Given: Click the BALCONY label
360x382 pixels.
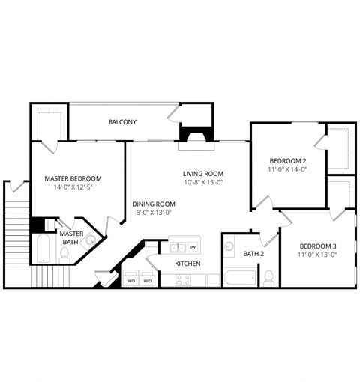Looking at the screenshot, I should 122,121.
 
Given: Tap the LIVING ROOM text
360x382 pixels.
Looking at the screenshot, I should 203,173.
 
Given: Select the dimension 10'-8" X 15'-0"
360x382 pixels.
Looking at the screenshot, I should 203,182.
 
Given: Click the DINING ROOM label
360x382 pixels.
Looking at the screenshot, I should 154,204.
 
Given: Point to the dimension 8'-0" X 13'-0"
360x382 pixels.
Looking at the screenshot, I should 154,213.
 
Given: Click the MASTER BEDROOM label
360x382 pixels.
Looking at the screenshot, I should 73,178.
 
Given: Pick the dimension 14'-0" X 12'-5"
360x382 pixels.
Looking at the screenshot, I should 73,187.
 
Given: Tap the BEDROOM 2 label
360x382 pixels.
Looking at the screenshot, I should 288,160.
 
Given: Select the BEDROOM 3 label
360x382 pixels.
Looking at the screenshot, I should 318,246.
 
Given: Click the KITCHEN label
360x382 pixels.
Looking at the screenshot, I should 187,264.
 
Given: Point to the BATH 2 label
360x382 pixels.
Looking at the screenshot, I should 253,254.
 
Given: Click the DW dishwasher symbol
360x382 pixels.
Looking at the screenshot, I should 193,246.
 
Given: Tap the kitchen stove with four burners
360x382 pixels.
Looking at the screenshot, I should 184,280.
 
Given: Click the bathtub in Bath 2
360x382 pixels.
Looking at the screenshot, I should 240,279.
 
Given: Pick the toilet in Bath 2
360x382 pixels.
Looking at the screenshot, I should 268,276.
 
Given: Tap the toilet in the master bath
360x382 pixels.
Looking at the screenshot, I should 65,254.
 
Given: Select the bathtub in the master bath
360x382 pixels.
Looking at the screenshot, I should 43,249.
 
